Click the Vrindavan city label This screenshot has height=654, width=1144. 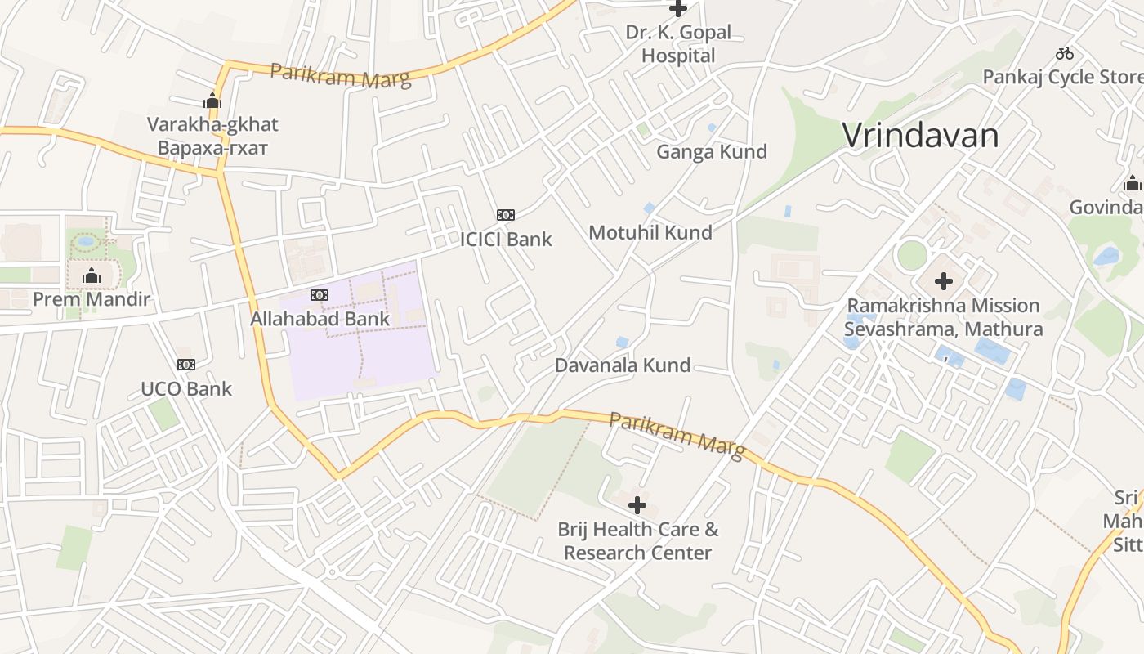click(920, 135)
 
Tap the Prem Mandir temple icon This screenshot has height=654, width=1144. click(92, 276)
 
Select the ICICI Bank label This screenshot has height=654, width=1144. click(506, 240)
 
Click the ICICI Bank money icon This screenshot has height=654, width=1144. click(506, 215)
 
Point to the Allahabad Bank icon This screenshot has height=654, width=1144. click(320, 294)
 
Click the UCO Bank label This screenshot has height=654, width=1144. click(186, 388)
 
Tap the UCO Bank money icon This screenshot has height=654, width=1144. click(186, 365)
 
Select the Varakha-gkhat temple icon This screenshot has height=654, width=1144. click(212, 101)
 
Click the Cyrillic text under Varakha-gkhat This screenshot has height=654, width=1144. click(212, 148)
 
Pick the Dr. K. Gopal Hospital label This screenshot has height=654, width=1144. click(678, 44)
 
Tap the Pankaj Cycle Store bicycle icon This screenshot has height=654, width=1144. click(1064, 54)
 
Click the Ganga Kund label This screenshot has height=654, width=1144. click(712, 151)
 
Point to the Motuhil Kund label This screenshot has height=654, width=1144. click(650, 232)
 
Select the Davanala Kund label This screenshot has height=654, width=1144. click(623, 365)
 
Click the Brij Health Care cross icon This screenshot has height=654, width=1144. click(637, 505)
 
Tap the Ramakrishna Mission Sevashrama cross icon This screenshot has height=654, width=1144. click(944, 282)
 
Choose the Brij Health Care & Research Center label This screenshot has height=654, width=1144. click(638, 540)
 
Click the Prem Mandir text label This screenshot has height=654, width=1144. click(92, 299)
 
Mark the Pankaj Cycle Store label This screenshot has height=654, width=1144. click(1062, 77)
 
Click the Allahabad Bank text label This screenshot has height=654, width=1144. click(320, 318)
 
